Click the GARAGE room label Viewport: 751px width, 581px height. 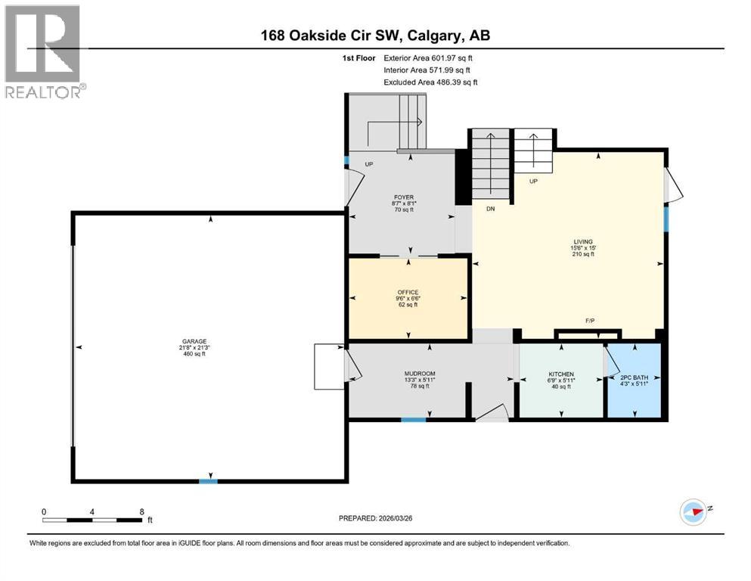pyautogui.click(x=194, y=341)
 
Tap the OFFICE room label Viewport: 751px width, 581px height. pyautogui.click(x=408, y=293)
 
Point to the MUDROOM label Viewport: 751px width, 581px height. pyautogui.click(x=420, y=374)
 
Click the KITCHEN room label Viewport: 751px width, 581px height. pyautogui.click(x=560, y=374)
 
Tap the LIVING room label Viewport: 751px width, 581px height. pyautogui.click(x=582, y=242)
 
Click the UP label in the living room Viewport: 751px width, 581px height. pyautogui.click(x=533, y=182)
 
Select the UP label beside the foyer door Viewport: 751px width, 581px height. pyautogui.click(x=369, y=164)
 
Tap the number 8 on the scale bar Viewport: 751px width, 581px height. pyautogui.click(x=141, y=511)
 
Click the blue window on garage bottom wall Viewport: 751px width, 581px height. pyautogui.click(x=208, y=480)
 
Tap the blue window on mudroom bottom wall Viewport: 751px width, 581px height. pyautogui.click(x=413, y=418)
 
